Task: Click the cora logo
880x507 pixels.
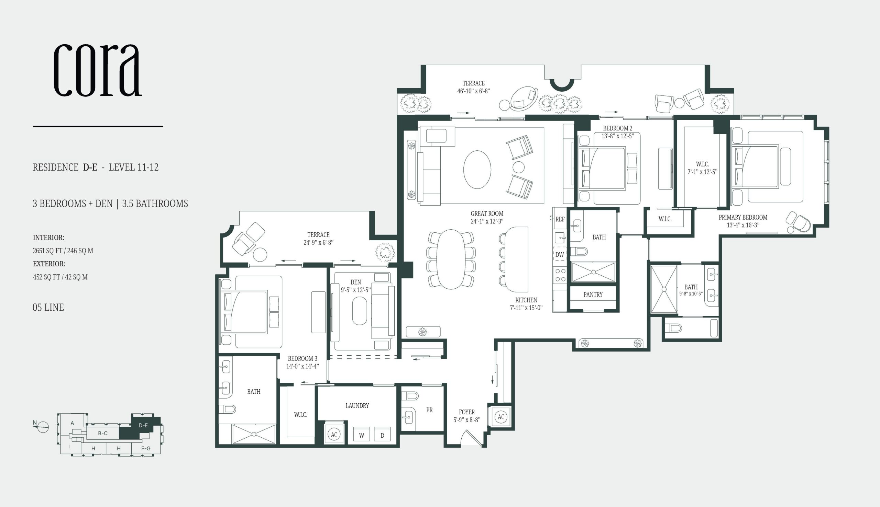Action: tap(98, 70)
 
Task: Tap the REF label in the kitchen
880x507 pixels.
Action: tap(560, 219)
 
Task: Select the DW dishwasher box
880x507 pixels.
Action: tap(560, 254)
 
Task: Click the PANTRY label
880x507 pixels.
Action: tap(593, 295)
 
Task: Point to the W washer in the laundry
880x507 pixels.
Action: tap(362, 435)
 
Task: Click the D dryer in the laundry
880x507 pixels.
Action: tap(382, 435)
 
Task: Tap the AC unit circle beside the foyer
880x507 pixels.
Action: tap(501, 417)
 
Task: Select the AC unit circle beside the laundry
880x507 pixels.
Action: tap(334, 435)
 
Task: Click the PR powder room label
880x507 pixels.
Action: tap(430, 410)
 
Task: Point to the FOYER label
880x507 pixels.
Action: tap(467, 412)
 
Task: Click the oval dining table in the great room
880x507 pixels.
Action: tap(451, 260)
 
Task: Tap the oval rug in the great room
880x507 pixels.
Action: tap(477, 170)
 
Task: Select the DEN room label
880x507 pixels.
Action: tap(356, 282)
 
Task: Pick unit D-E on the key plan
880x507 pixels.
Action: tap(143, 425)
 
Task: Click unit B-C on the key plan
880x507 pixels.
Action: tap(103, 434)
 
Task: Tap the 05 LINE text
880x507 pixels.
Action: tap(48, 308)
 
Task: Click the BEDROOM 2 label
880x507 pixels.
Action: tap(617, 128)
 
